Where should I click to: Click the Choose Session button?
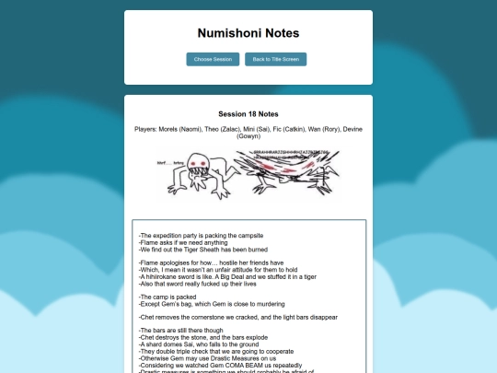pos(213,59)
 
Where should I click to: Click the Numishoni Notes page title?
pos(248,33)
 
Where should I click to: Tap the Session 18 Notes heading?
pos(248,113)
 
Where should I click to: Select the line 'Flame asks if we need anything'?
pos(182,243)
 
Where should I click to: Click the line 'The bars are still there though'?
pos(181,330)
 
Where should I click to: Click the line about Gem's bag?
pos(202,303)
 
